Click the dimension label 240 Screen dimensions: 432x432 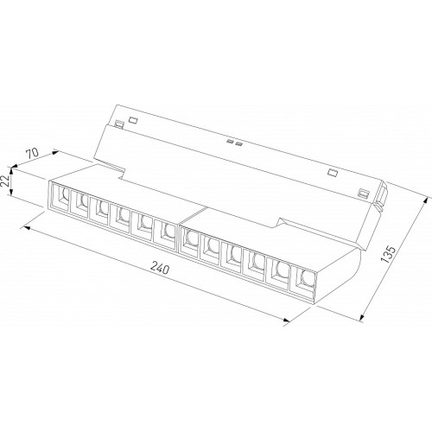[160, 269]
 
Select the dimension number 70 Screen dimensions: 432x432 [33, 153]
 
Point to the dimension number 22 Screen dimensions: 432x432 [5, 181]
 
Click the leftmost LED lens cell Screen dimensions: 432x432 [59, 196]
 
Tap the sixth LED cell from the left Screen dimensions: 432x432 [164, 234]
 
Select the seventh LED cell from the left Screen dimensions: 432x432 [188, 241]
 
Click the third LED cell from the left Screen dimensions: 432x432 [98, 210]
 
